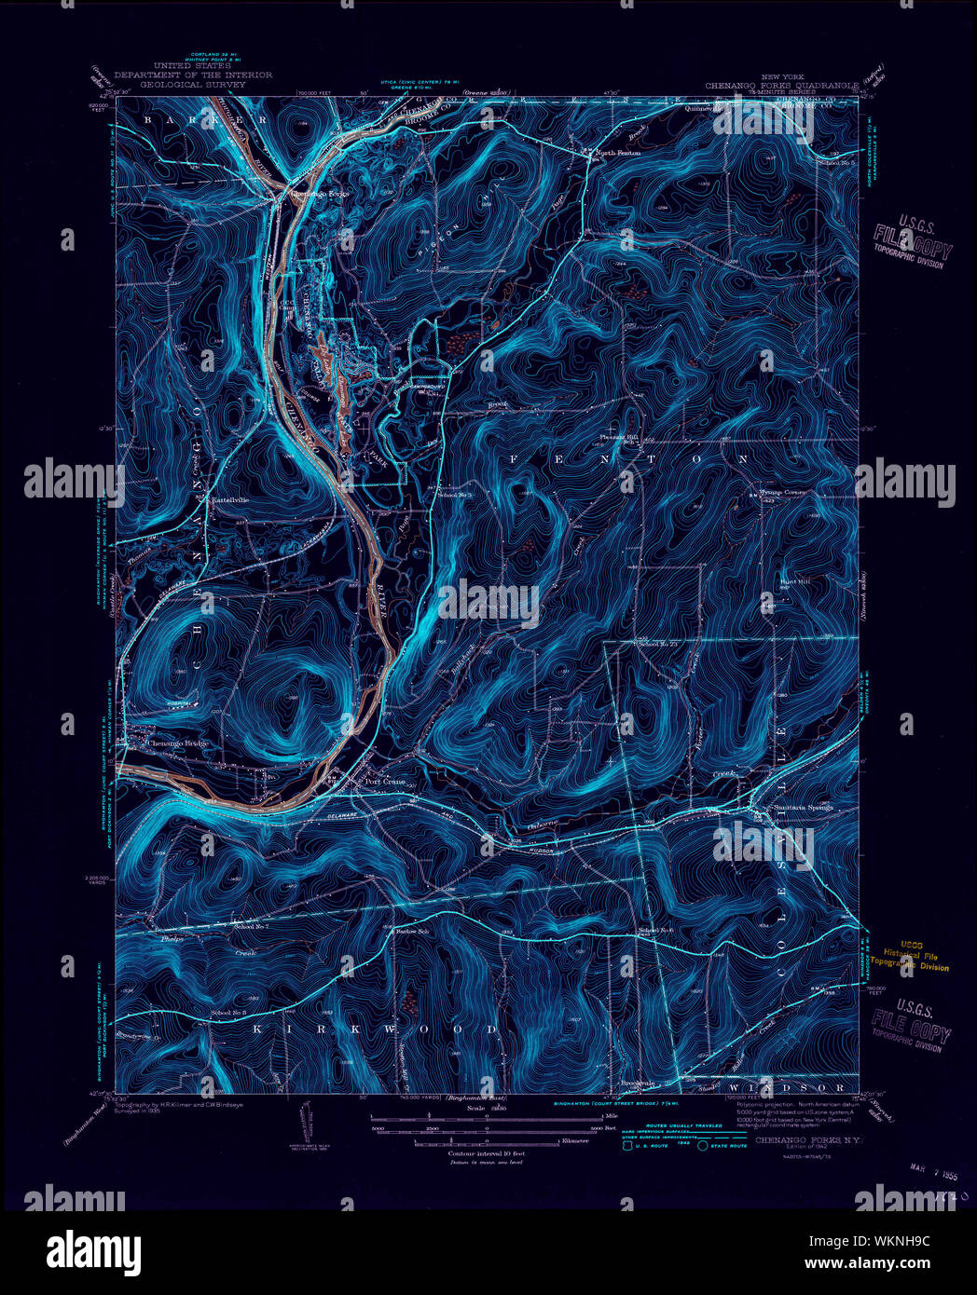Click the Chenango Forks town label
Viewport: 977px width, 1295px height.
(320, 194)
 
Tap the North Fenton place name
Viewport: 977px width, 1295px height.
(618, 153)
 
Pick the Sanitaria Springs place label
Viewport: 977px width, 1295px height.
(795, 808)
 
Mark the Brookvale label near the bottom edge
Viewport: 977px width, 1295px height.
(640, 1084)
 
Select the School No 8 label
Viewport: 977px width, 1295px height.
(228, 1012)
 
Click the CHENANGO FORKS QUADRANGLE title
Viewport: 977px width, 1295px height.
(781, 85)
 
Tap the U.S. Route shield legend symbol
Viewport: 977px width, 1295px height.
(627, 1146)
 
